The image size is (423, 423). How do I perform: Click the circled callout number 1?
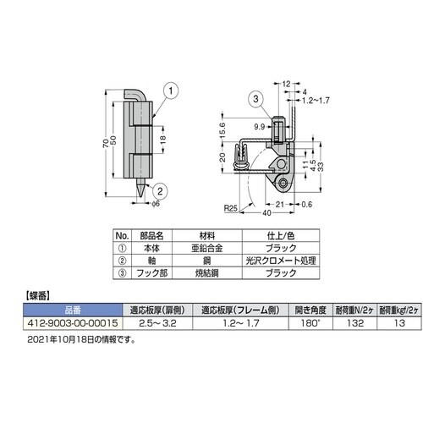click(170, 91)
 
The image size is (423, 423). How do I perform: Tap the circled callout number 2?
click(160, 191)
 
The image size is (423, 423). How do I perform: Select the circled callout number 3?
click(255, 99)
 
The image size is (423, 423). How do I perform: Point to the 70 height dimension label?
click(106, 144)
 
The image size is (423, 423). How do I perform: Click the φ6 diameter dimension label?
click(156, 204)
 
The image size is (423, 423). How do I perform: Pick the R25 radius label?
click(231, 208)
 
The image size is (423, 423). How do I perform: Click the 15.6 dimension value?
click(222, 129)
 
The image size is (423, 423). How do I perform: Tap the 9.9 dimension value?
click(260, 127)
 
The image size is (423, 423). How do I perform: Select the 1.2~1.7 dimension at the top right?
click(316, 101)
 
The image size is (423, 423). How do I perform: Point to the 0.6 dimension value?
click(306, 204)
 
